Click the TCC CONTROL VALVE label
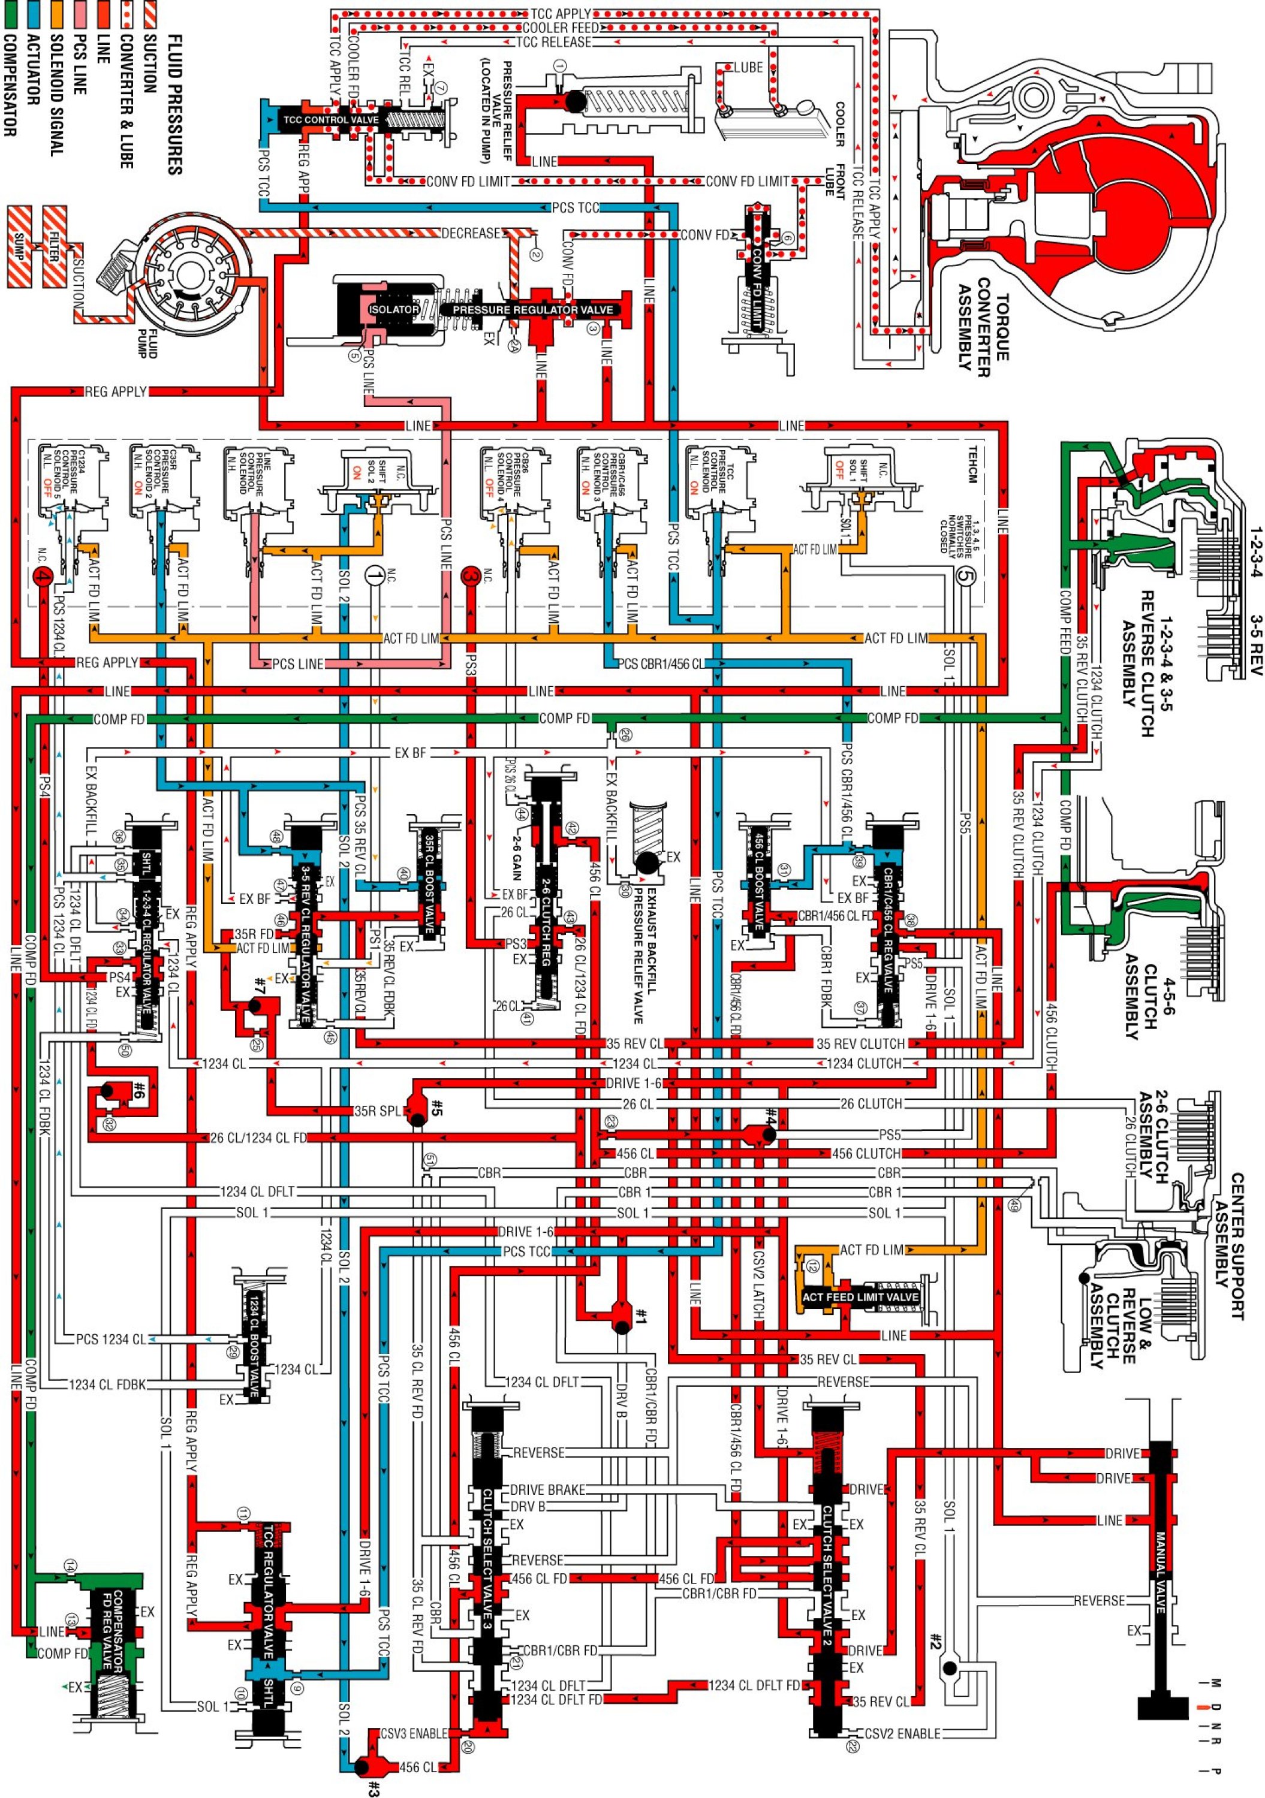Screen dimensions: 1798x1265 point(330,120)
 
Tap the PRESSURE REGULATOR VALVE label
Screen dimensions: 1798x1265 point(532,310)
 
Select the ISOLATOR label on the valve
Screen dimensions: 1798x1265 point(394,310)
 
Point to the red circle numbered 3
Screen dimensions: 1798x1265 point(470,575)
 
